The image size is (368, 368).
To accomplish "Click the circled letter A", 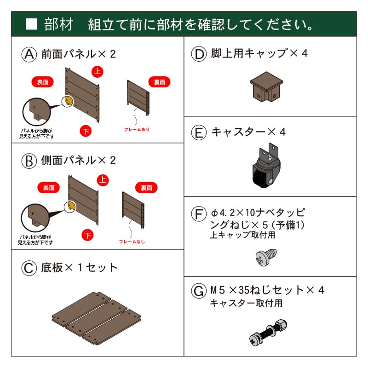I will tap(29, 54).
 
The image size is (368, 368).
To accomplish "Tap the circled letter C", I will tap(29, 268).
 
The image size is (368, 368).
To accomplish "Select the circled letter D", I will tap(199, 54).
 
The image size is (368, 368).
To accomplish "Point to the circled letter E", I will tap(199, 132).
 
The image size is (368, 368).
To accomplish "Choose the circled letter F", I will tap(199, 214).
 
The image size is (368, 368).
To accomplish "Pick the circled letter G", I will tap(199, 291).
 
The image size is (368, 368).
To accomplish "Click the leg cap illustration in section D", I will tap(265, 88).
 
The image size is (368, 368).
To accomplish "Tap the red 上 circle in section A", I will tap(97, 71).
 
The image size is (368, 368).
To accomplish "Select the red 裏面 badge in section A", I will tap(160, 82).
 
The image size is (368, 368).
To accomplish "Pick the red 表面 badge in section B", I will tap(48, 188).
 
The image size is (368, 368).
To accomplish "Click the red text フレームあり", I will tap(137, 130).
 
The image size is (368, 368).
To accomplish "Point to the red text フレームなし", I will tap(132, 241).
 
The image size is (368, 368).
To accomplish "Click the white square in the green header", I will tap(31, 24).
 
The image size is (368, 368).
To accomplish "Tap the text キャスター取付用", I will tap(246, 303).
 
